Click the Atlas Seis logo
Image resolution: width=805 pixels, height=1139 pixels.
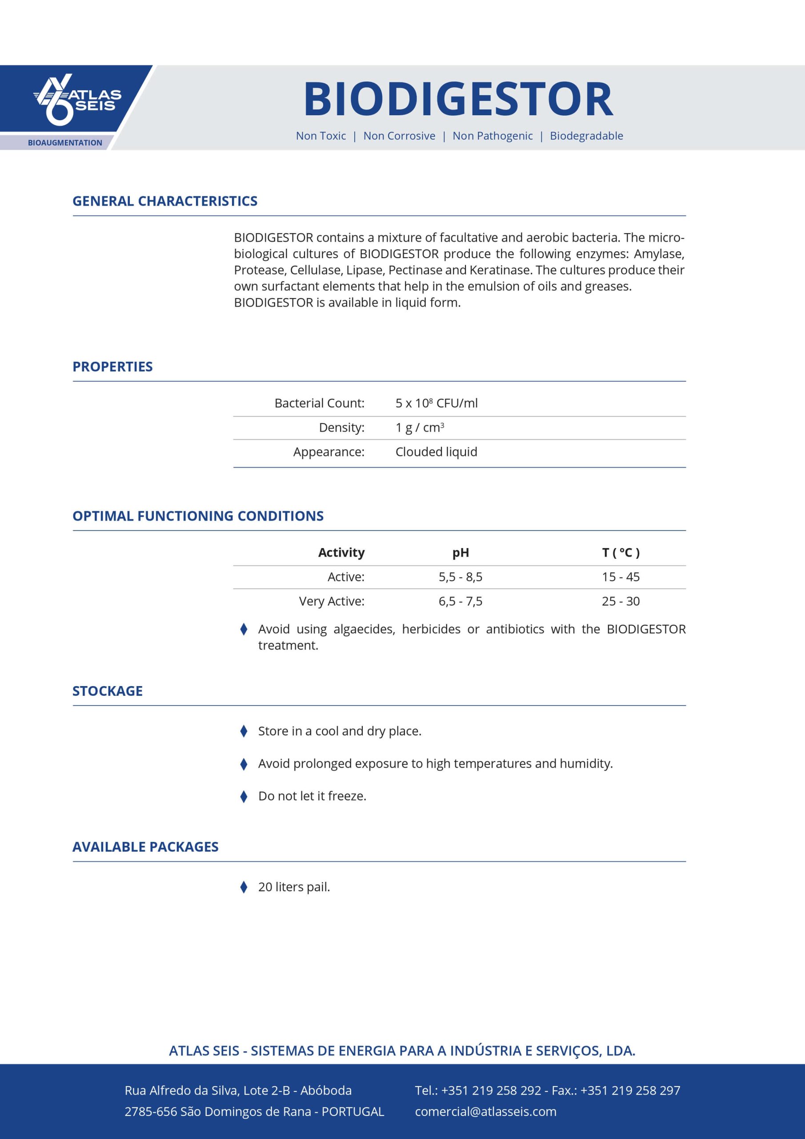click(x=77, y=99)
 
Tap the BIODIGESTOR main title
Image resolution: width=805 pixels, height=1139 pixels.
click(x=459, y=99)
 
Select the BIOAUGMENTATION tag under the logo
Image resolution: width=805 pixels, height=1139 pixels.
click(x=65, y=143)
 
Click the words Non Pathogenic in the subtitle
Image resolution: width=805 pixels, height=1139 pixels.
click(x=492, y=136)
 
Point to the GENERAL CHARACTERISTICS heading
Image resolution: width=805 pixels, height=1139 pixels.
click(x=164, y=201)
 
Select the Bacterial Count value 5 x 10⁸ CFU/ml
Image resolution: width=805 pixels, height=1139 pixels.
click(x=436, y=403)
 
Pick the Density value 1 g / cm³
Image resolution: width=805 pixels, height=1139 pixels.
click(x=419, y=427)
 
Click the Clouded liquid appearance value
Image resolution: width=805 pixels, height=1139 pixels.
click(x=436, y=452)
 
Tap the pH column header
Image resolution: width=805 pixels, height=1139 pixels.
click(x=461, y=552)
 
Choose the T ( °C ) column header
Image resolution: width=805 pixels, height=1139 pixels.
click(x=621, y=552)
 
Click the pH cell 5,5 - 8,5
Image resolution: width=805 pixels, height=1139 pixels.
click(x=461, y=577)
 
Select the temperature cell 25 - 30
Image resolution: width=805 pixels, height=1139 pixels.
click(x=621, y=601)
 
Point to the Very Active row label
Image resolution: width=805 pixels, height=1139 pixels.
click(x=332, y=601)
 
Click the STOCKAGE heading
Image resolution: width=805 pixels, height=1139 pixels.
click(x=108, y=691)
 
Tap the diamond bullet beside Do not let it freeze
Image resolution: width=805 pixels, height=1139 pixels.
click(x=244, y=796)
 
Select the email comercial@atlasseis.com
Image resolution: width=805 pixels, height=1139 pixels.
click(x=485, y=1111)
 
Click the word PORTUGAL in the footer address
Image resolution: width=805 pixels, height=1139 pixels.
click(x=353, y=1111)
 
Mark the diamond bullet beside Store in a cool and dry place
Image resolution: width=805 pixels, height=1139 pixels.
click(x=244, y=731)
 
